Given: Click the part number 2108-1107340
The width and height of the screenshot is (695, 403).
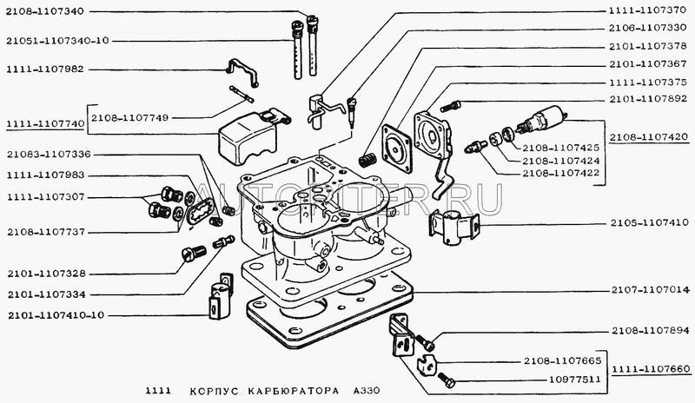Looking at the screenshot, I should click(43, 11).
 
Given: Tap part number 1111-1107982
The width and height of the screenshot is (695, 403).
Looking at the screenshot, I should click(43, 69).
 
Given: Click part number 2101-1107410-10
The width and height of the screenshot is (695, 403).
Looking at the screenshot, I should click(54, 314).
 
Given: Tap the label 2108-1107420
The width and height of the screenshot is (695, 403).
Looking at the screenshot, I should click(648, 137).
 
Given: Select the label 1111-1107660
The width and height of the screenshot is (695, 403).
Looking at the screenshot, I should click(648, 368).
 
